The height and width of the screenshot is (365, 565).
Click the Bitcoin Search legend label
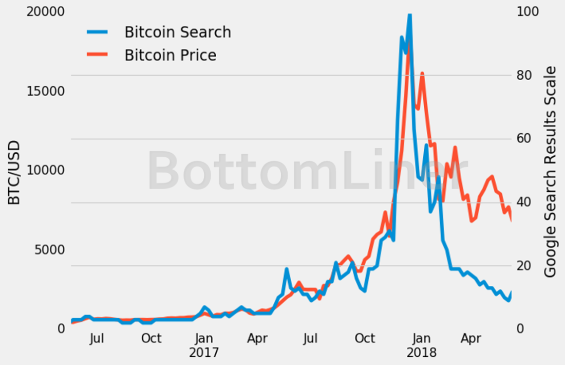[x=177, y=32]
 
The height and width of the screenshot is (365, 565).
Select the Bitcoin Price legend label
[x=170, y=55]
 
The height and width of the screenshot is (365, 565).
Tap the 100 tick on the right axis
[x=527, y=12]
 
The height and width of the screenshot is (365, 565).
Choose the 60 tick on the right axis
[x=524, y=139]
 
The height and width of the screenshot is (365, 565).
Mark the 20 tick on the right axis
[x=524, y=266]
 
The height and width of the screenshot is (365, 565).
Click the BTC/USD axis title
[x=15, y=172]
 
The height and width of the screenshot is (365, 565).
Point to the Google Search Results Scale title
[x=551, y=172]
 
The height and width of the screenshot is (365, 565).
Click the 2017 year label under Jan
[x=204, y=353]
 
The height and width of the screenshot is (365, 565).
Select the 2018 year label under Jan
[x=421, y=353]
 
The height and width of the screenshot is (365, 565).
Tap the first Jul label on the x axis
[x=97, y=339]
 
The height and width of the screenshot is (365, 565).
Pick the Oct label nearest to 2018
[x=365, y=339]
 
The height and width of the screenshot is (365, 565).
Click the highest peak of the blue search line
[x=409, y=15]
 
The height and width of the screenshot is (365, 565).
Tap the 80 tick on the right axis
[x=524, y=76]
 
